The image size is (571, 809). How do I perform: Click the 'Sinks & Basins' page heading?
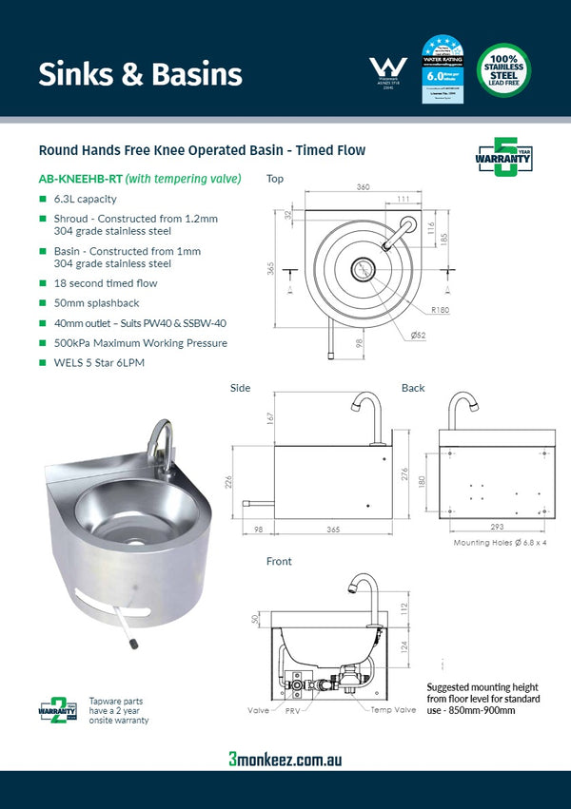pyautogui.click(x=140, y=73)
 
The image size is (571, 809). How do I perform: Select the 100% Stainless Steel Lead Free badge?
pyautogui.click(x=503, y=69)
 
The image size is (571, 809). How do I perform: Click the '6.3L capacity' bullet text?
pyautogui.click(x=85, y=200)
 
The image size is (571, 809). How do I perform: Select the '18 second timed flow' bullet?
pyautogui.click(x=106, y=283)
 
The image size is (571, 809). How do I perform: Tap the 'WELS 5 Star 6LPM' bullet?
pyautogui.click(x=99, y=362)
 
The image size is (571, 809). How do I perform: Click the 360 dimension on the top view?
pyautogui.click(x=363, y=187)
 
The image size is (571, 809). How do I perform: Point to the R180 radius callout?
pyautogui.click(x=440, y=310)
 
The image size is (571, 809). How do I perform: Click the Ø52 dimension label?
pyautogui.click(x=418, y=336)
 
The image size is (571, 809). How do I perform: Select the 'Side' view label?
pyautogui.click(x=241, y=388)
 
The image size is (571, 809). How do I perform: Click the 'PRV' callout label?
pyautogui.click(x=292, y=710)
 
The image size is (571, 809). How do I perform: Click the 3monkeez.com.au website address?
pyautogui.click(x=285, y=759)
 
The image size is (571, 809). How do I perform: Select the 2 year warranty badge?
pyautogui.click(x=56, y=708)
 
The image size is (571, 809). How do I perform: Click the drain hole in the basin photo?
pyautogui.click(x=130, y=541)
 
